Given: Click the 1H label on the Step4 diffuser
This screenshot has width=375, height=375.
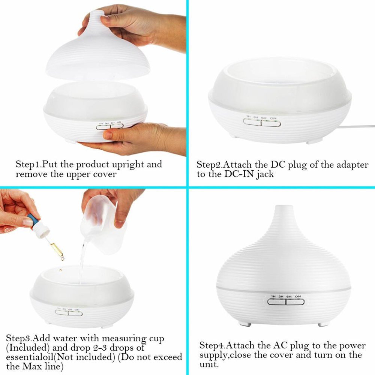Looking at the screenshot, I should point(273,297).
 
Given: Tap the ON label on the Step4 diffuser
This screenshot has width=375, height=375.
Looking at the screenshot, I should point(298,297).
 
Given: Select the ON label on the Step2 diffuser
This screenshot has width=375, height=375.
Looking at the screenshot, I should point(273,118).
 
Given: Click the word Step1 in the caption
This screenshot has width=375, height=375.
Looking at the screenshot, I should point(28,164).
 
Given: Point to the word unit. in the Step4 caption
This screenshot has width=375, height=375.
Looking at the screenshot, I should point(209,364).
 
